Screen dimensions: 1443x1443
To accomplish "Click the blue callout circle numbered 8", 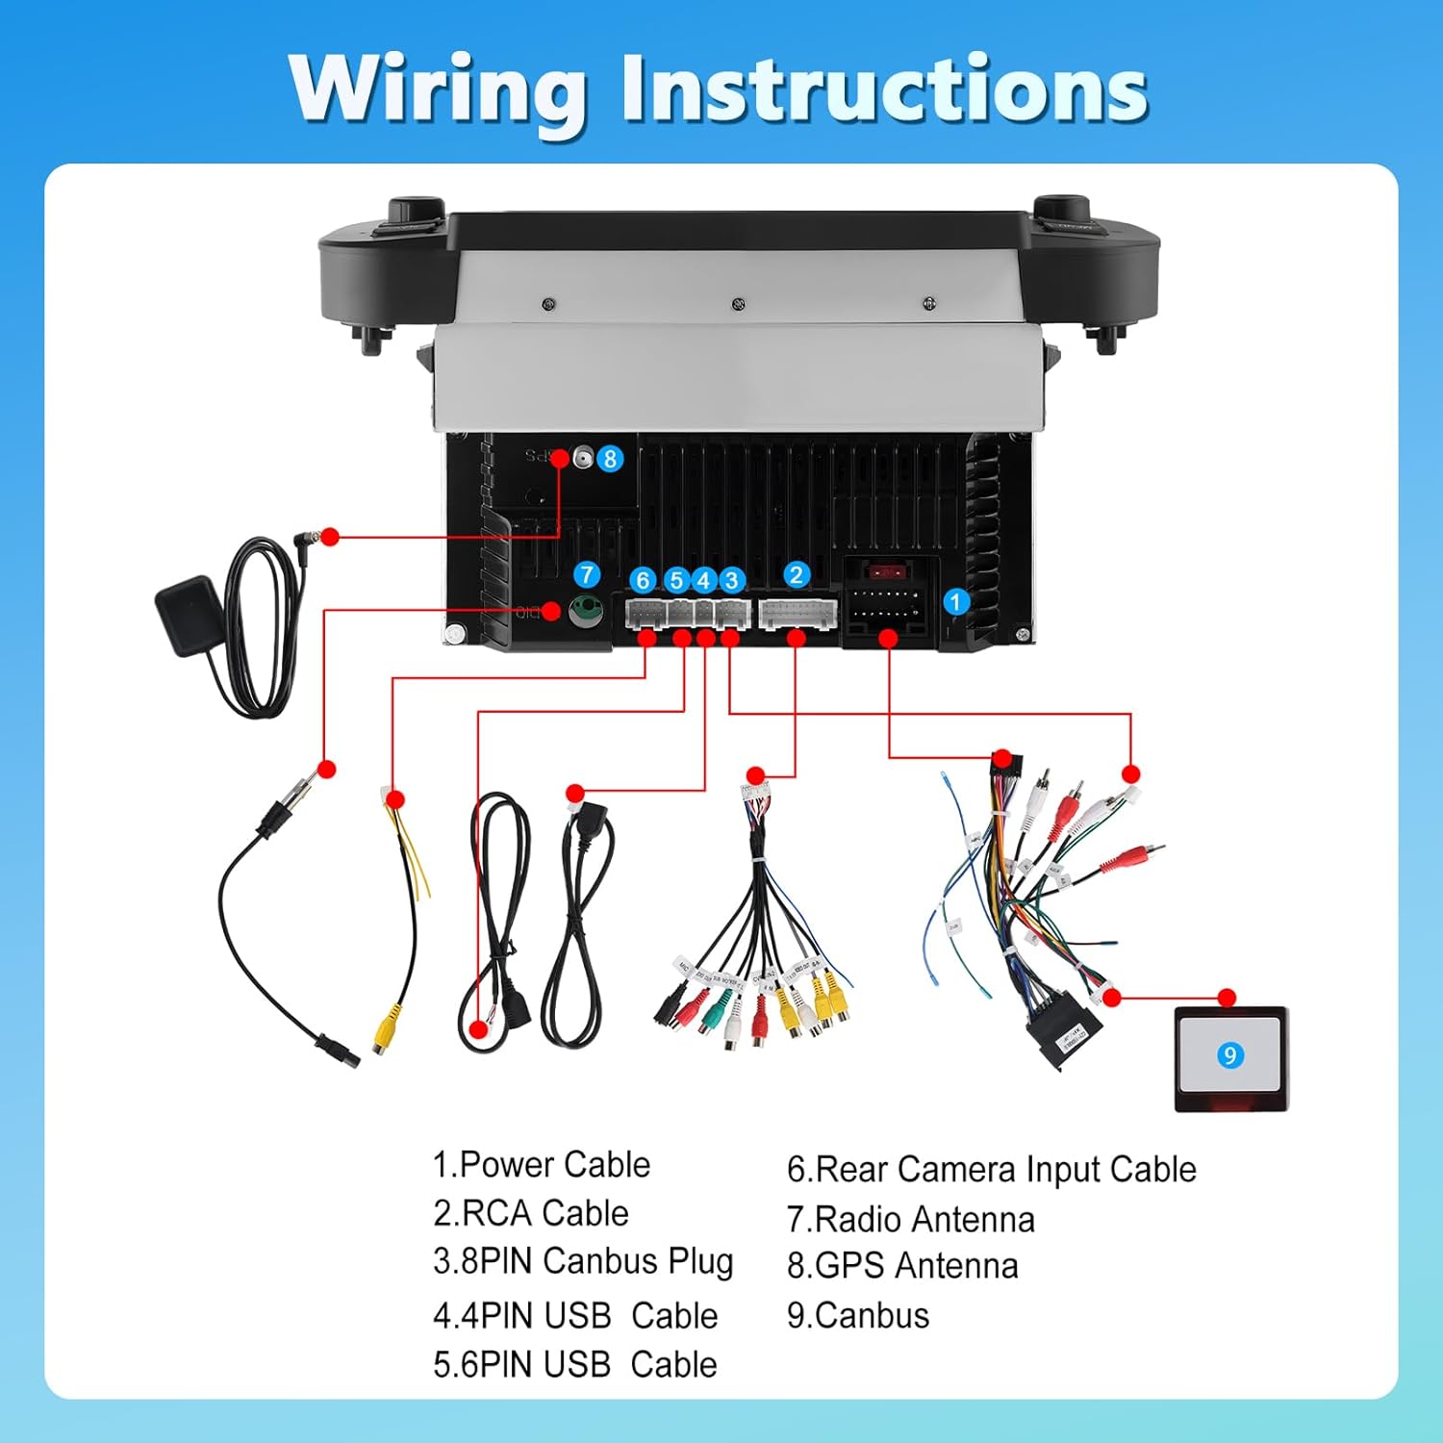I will click(610, 459).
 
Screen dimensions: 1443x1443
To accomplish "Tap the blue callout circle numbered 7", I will click(587, 575).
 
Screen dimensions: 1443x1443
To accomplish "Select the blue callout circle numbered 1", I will click(955, 602).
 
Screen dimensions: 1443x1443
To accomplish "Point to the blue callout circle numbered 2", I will click(796, 575).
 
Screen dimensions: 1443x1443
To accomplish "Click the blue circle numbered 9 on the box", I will click(1229, 1055).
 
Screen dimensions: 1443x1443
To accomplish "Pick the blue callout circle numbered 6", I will click(644, 580).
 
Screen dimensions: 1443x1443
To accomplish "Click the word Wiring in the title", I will click(438, 91).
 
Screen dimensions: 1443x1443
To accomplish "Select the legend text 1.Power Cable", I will click(542, 1165).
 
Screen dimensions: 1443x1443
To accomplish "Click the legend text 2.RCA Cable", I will click(531, 1214).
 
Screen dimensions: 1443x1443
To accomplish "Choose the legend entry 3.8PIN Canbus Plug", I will click(583, 1262).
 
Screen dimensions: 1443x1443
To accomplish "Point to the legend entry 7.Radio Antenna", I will click(910, 1220).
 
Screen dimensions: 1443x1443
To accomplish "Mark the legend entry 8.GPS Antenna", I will click(902, 1266).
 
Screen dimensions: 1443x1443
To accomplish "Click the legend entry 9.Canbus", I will click(858, 1315).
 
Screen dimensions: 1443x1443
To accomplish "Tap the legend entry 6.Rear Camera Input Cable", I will click(991, 1170).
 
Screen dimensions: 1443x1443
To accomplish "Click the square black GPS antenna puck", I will click(187, 615).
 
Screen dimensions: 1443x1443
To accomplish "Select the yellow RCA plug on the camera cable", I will click(386, 1027).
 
